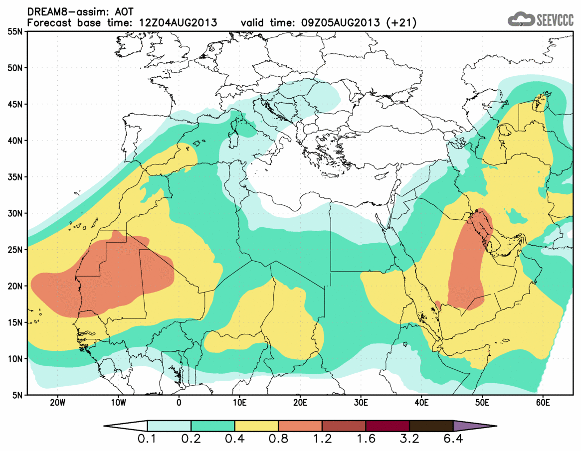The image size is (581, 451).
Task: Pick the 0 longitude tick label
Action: pos(179,403)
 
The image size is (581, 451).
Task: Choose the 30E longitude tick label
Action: pos(361,403)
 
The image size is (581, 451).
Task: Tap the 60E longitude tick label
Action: pos(543,403)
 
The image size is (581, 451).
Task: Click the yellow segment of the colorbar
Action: pos(256,426)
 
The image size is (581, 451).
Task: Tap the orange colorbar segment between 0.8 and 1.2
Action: pos(300,426)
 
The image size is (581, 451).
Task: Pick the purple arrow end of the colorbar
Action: pos(474,426)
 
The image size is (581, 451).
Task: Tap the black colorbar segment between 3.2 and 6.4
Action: pos(431,426)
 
